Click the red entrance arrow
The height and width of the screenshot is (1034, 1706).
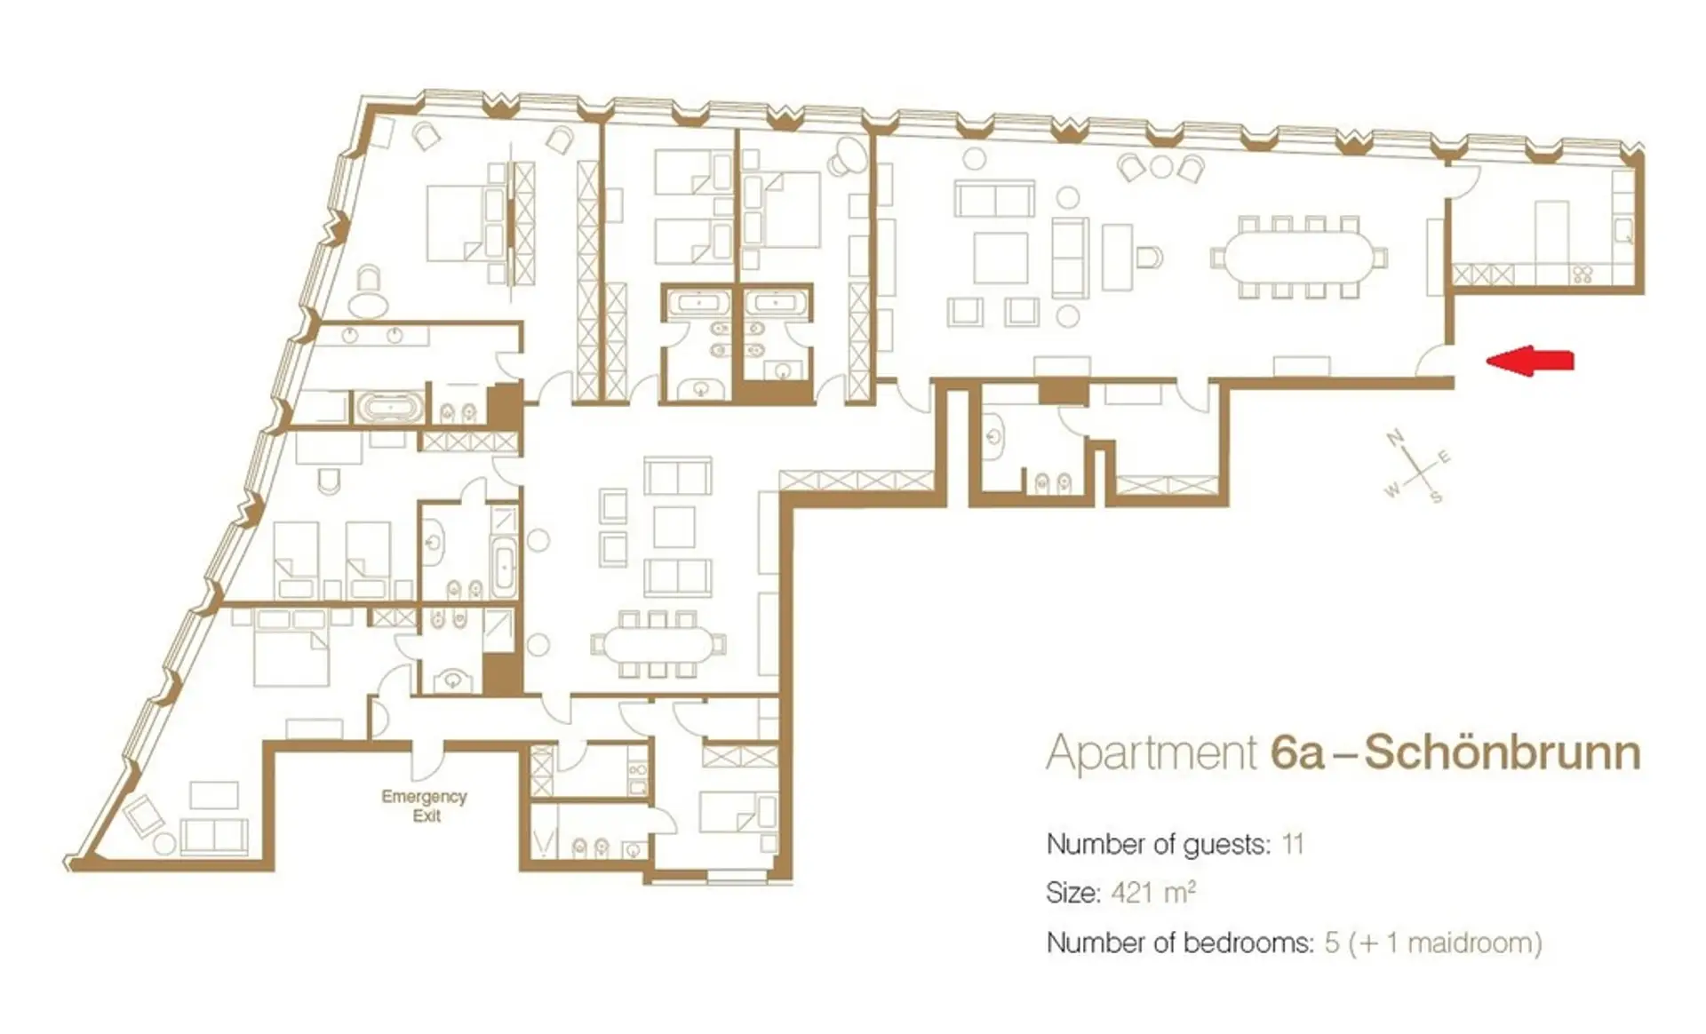tap(1529, 360)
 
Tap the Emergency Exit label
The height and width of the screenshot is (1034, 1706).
tap(424, 806)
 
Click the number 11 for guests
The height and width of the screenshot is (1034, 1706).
tap(1293, 843)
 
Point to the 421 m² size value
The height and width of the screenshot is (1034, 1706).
tap(1153, 892)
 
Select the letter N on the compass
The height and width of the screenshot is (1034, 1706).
tap(1394, 437)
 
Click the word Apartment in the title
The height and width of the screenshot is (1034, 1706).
tap(1152, 753)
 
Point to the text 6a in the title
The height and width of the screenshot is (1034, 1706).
tap(1297, 752)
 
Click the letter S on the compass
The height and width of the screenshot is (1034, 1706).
tap(1435, 497)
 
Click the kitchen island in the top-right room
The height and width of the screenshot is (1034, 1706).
tap(1552, 231)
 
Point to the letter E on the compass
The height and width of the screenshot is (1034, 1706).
tap(1444, 457)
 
